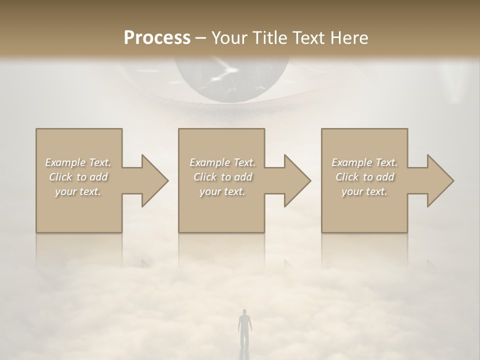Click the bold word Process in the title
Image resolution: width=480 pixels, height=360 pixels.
tap(157, 38)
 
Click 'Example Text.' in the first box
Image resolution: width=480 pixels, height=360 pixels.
tap(78, 162)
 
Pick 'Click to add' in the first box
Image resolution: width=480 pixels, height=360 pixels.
tap(78, 177)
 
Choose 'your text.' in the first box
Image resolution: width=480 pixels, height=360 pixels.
tap(78, 191)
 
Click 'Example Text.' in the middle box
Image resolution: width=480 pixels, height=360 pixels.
tap(222, 162)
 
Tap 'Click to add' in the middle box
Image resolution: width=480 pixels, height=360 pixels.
tap(222, 177)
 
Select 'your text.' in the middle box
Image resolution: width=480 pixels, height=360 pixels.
tap(222, 191)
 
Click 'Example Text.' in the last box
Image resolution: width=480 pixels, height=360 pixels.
tap(364, 162)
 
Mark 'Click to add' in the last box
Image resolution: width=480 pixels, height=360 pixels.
tap(364, 177)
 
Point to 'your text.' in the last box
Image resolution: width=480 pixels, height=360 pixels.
tap(364, 191)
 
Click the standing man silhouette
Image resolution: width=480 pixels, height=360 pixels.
tap(243, 330)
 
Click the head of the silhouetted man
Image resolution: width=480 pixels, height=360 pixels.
tap(243, 312)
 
